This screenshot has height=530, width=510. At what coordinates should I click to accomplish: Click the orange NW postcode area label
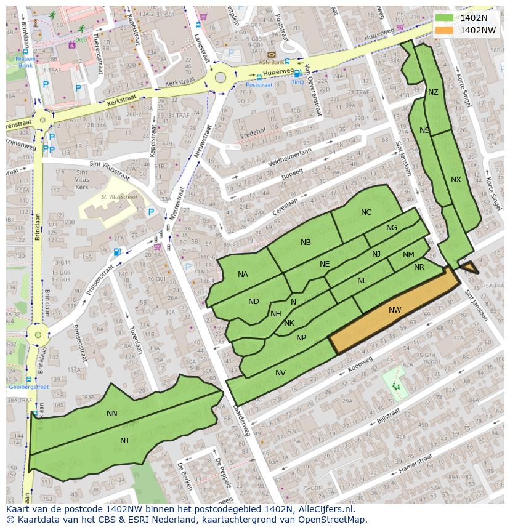pyautogui.click(x=395, y=310)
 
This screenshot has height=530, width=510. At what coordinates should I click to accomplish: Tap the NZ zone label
pyautogui.click(x=433, y=92)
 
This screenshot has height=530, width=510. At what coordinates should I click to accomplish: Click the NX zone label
pyautogui.click(x=456, y=180)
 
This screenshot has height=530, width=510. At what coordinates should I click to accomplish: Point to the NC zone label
pyautogui.click(x=366, y=212)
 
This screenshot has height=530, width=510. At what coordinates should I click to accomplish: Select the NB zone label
pyautogui.click(x=306, y=243)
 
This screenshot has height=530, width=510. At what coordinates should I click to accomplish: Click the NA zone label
pyautogui.click(x=243, y=275)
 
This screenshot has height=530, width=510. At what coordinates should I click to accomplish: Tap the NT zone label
pyautogui.click(x=125, y=440)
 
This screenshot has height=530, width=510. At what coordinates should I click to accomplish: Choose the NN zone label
pyautogui.click(x=111, y=414)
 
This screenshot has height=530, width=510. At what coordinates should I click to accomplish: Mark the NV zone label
pyautogui.click(x=280, y=373)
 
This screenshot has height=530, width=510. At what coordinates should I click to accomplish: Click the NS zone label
pyautogui.click(x=424, y=130)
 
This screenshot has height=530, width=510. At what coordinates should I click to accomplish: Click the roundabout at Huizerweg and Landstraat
pyautogui.click(x=220, y=78)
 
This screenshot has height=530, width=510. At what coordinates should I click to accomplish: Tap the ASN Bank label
pyautogui.click(x=271, y=62)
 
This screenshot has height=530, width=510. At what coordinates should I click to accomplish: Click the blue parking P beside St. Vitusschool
pyautogui.click(x=151, y=212)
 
